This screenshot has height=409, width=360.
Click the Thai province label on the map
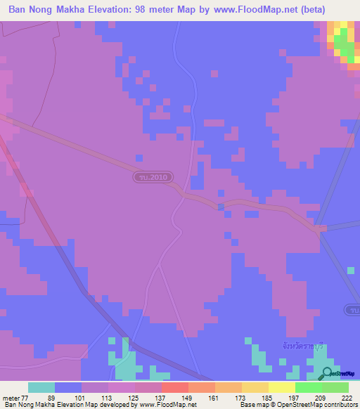pos(295,346)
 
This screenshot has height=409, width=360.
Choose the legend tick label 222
pos(348,398)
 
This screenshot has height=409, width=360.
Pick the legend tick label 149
pos(188,398)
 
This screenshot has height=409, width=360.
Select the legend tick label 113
pos(108,398)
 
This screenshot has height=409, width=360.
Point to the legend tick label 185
pos(268,398)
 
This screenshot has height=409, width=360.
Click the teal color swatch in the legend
pos(41,387)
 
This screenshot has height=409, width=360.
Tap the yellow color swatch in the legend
pos(281,387)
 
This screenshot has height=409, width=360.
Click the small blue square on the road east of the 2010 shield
pos(221,207)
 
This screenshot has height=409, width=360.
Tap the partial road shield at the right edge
pos(354,310)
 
